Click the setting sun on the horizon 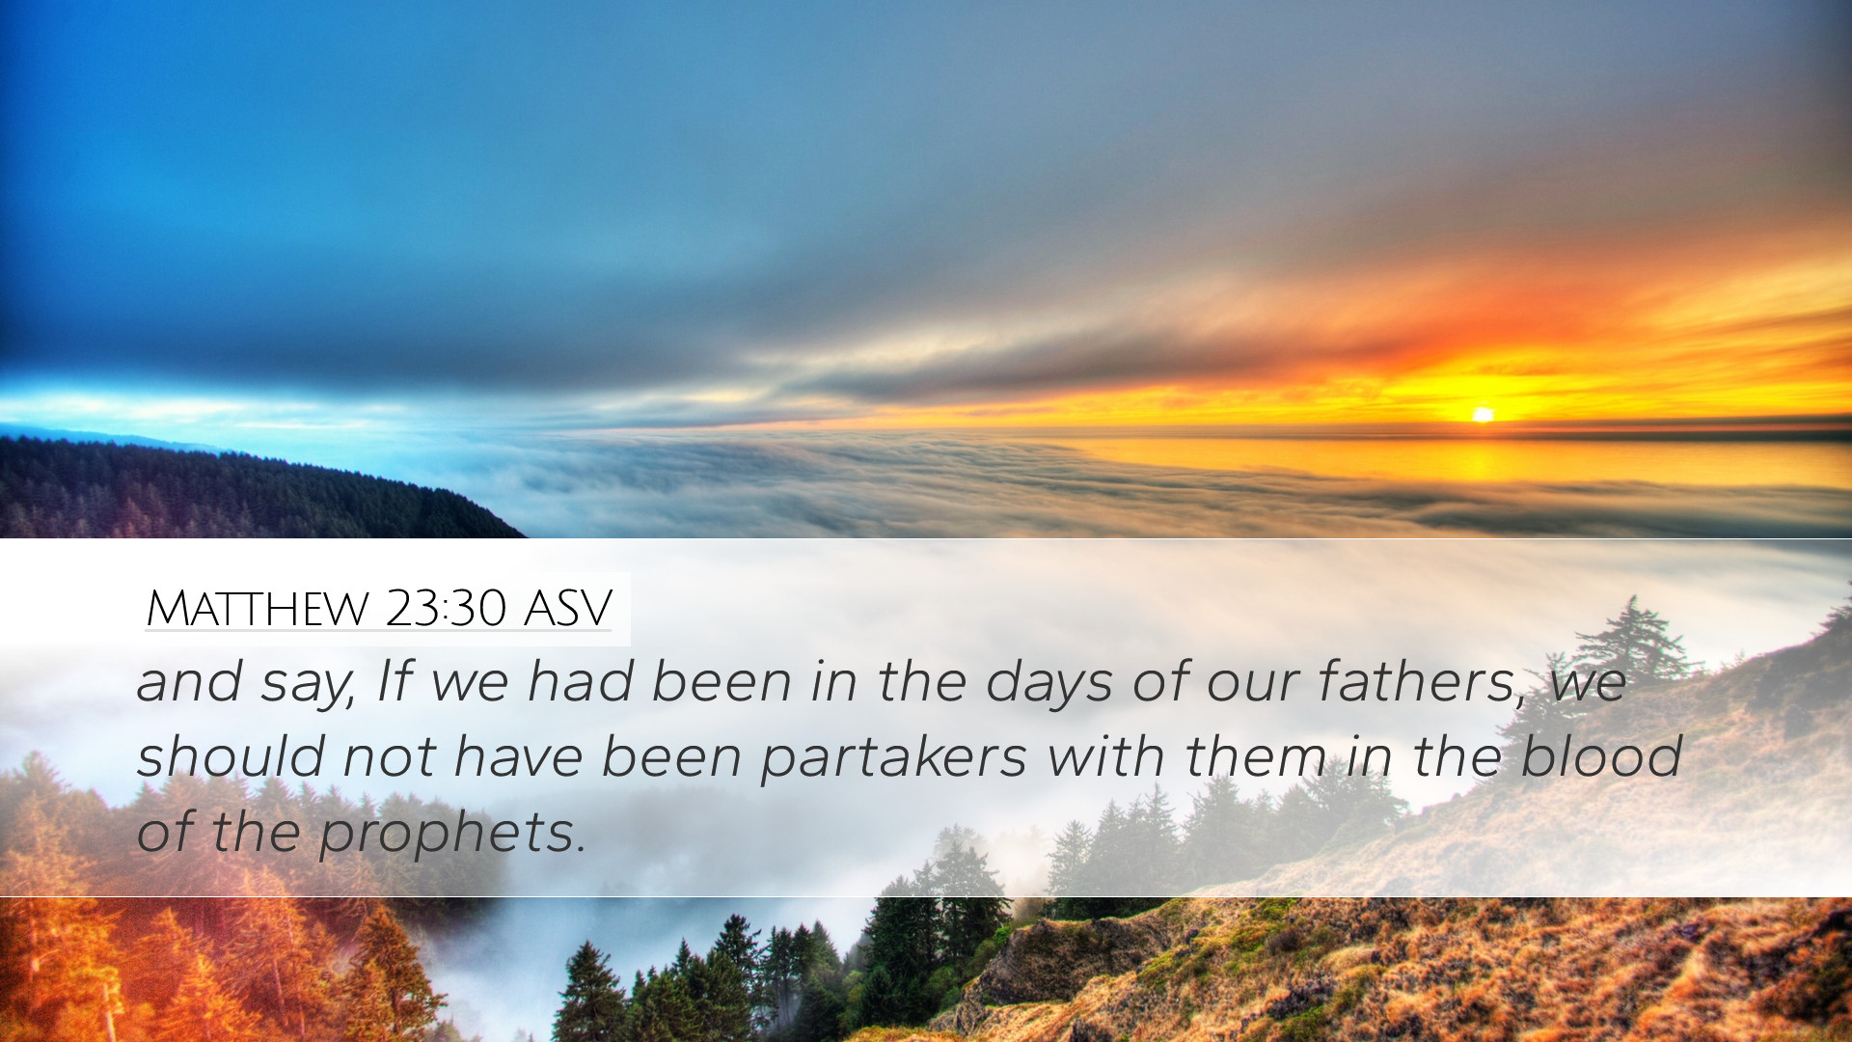[x=1483, y=414]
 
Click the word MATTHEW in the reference [x=258, y=609]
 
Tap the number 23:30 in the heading [x=445, y=608]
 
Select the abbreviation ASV [x=567, y=609]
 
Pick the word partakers [x=893, y=757]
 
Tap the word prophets [x=452, y=834]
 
